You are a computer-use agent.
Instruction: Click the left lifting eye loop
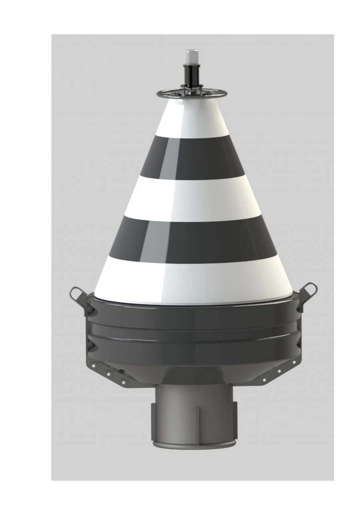click(x=75, y=294)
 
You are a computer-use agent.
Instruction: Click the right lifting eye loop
click(x=310, y=289)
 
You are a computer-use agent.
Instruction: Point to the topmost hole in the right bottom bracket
click(x=294, y=362)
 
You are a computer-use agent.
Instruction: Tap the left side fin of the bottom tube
click(x=154, y=420)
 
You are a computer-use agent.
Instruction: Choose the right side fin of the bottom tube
click(x=235, y=420)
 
